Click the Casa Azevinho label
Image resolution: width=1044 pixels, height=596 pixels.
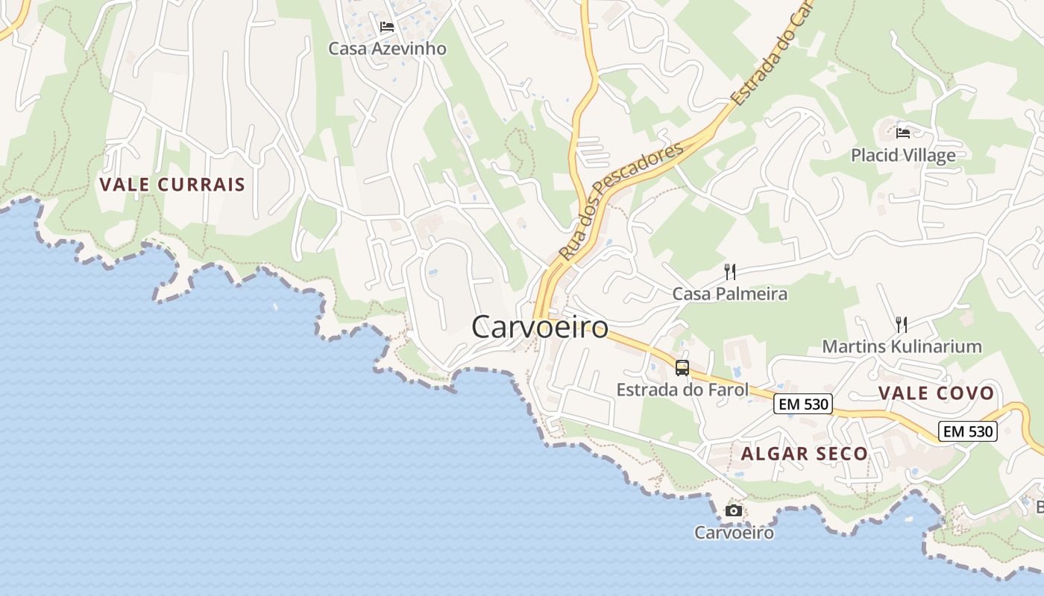pyautogui.click(x=388, y=48)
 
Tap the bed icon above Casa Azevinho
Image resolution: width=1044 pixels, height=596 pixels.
pyautogui.click(x=386, y=27)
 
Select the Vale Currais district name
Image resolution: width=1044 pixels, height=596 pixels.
pyautogui.click(x=172, y=185)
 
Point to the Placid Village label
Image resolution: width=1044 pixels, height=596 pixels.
pyautogui.click(x=903, y=155)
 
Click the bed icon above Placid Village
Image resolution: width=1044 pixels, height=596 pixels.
pyautogui.click(x=903, y=133)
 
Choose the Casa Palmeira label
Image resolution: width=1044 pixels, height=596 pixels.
pyautogui.click(x=730, y=294)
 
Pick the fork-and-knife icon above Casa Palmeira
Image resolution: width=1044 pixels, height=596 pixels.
pyautogui.click(x=730, y=272)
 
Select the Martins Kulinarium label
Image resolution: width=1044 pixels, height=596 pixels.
pyautogui.click(x=902, y=346)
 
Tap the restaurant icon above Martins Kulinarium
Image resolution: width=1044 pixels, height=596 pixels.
pyautogui.click(x=902, y=325)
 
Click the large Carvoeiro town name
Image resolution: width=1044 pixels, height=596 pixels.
pyautogui.click(x=540, y=327)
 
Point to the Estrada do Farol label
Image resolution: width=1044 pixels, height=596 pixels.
pyautogui.click(x=682, y=389)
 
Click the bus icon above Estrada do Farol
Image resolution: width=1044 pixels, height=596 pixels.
pyautogui.click(x=682, y=367)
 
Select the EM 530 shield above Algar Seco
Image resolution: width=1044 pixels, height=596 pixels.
pyautogui.click(x=802, y=405)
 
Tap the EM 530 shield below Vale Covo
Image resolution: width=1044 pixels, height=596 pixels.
pyautogui.click(x=968, y=431)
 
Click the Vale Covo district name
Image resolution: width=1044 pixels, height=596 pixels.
pyautogui.click(x=936, y=393)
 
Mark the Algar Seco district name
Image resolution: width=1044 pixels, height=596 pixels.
pyautogui.click(x=805, y=454)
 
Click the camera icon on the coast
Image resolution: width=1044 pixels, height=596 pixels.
pyautogui.click(x=734, y=511)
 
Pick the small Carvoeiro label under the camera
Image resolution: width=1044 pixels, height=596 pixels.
pyautogui.click(x=734, y=533)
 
